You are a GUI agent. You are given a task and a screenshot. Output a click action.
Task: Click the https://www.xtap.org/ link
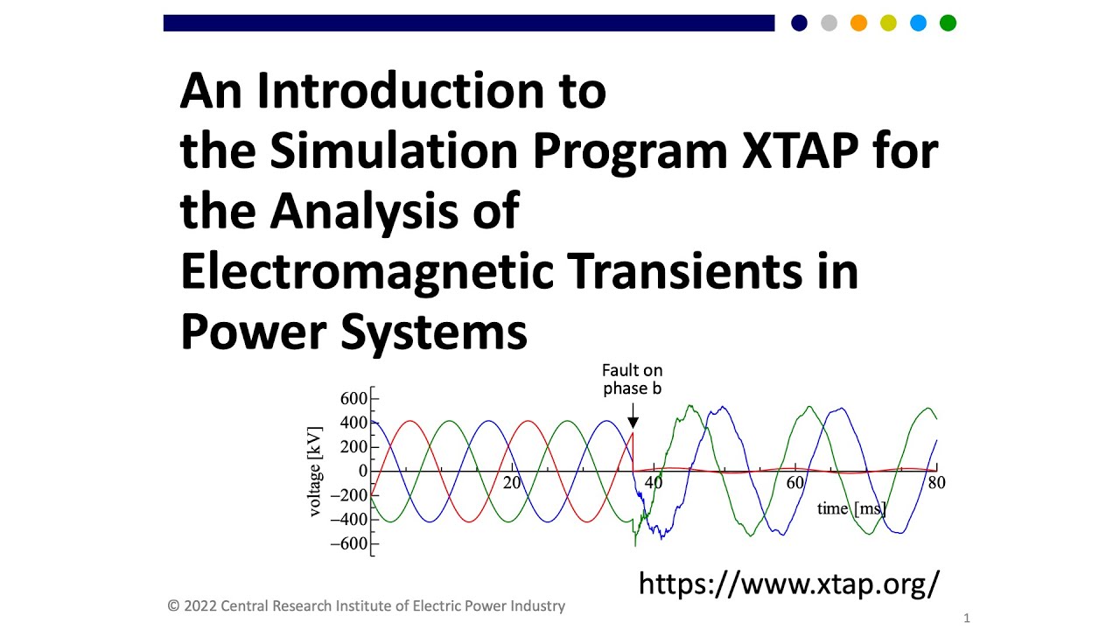click(x=789, y=583)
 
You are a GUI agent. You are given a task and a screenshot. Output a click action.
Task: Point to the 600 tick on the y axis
click(x=353, y=399)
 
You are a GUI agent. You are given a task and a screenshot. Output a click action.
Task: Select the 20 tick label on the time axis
click(x=512, y=483)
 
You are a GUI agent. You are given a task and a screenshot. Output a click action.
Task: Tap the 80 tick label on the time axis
click(x=936, y=483)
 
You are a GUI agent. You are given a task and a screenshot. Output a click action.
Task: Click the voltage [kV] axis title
click(x=316, y=472)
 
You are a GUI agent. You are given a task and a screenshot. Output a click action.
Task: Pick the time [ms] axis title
click(x=851, y=508)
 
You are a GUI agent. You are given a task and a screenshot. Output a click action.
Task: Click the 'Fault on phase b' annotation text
click(x=632, y=380)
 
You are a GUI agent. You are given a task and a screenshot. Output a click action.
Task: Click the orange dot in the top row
click(x=858, y=24)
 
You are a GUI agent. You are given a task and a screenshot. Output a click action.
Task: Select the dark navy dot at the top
click(x=799, y=24)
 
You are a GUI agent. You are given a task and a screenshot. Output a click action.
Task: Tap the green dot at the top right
click(x=948, y=24)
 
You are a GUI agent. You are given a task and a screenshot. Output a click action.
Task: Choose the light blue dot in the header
click(x=918, y=24)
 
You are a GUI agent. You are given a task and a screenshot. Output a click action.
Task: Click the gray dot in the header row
click(x=829, y=24)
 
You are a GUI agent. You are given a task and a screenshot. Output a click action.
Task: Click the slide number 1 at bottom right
click(x=967, y=619)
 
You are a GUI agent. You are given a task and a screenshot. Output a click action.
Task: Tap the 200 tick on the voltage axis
click(x=353, y=447)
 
